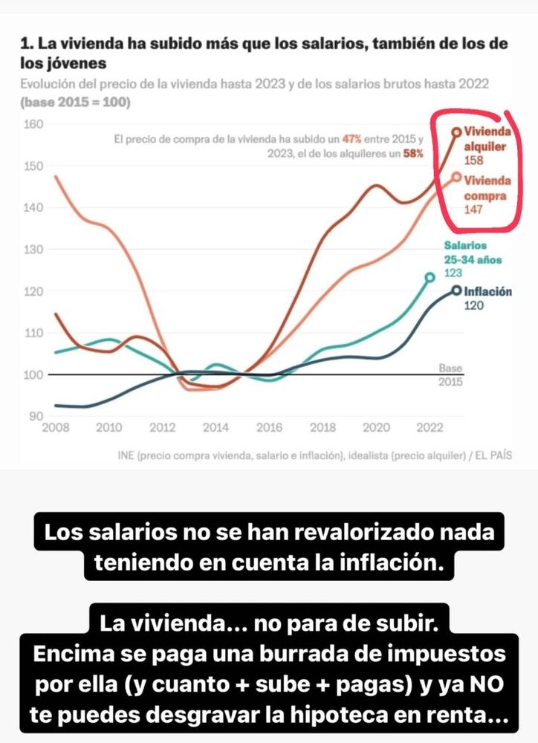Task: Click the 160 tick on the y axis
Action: (33, 123)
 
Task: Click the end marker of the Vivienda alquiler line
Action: (457, 132)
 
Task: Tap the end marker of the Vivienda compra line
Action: (457, 177)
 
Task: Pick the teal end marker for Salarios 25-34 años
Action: (430, 277)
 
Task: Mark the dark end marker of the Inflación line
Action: (457, 291)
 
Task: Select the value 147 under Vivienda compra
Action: (474, 210)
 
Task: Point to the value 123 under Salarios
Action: (453, 273)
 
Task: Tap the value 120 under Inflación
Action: (474, 305)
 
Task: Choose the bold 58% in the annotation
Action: (413, 153)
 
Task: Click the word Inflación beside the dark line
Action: (487, 291)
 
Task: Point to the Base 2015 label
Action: (450, 374)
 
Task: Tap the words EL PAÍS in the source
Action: (495, 455)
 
